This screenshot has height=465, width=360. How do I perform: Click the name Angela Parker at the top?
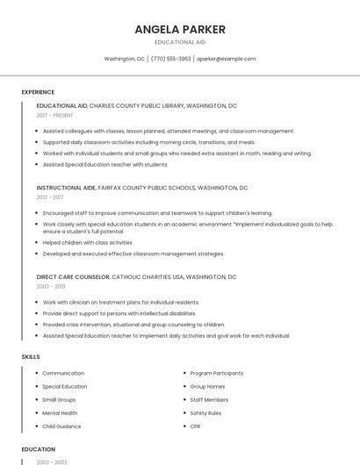click(180, 29)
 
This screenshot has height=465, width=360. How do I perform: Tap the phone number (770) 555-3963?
click(170, 59)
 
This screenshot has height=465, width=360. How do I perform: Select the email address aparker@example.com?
click(227, 59)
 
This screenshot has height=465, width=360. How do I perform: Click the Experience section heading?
click(38, 92)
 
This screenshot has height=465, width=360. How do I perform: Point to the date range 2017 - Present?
click(55, 115)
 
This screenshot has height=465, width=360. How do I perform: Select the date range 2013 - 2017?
click(50, 197)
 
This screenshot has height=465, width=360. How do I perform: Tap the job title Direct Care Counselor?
click(73, 277)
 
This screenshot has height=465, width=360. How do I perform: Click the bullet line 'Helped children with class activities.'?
click(88, 242)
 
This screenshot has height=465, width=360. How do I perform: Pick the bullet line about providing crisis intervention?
click(133, 324)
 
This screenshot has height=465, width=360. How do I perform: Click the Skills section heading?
click(31, 357)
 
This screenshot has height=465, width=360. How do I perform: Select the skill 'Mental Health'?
click(60, 412)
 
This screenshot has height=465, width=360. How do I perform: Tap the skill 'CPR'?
click(195, 426)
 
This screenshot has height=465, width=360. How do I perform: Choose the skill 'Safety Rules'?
click(205, 412)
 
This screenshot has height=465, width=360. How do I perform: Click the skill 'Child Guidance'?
click(62, 426)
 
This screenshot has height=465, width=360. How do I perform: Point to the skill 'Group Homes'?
click(207, 386)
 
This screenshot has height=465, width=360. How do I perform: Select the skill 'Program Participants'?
click(216, 373)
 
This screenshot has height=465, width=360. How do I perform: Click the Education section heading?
click(38, 448)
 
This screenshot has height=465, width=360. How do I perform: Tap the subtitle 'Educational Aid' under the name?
click(180, 42)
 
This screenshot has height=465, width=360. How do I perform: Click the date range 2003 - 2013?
click(50, 287)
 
